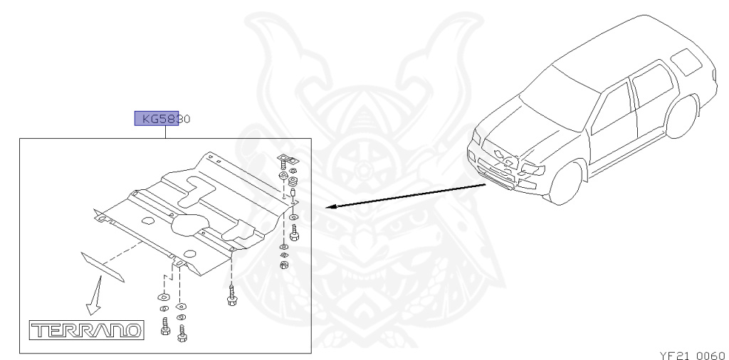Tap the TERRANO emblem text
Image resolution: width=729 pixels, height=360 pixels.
[x=85, y=329]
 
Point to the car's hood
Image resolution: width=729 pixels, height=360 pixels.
[x=507, y=135]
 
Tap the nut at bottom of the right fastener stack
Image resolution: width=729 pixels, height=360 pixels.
[x=283, y=266]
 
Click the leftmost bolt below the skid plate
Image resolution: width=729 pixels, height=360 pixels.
[x=164, y=328]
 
